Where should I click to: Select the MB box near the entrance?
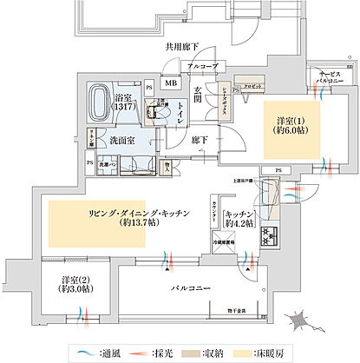171,83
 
